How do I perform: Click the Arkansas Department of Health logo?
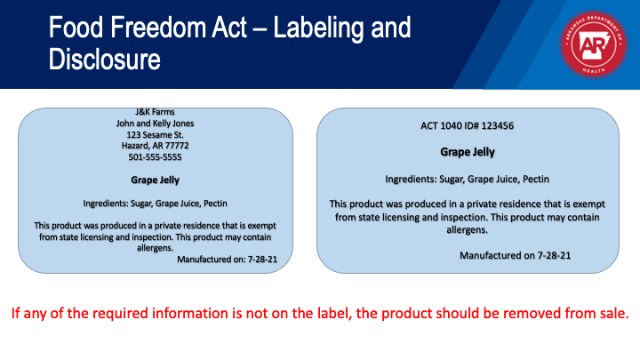[593, 44]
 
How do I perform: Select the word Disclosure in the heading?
[105, 60]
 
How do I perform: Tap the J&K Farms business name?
[155, 112]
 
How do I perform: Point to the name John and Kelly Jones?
[155, 124]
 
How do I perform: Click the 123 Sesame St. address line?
[155, 135]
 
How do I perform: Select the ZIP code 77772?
[177, 146]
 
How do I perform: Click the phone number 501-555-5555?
[155, 157]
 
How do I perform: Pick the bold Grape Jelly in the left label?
[155, 180]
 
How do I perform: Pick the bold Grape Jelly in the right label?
[468, 152]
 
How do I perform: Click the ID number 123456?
[498, 125]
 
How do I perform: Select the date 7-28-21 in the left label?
[262, 260]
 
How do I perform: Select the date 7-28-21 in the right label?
[554, 255]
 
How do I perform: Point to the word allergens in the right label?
[468, 230]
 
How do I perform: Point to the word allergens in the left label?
[155, 248]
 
